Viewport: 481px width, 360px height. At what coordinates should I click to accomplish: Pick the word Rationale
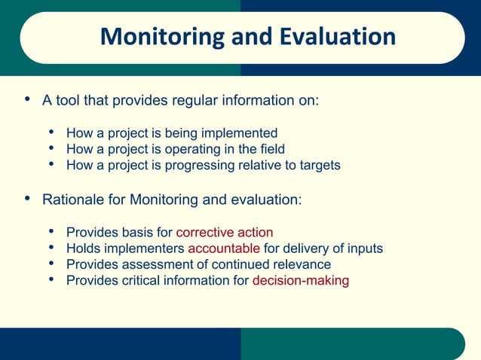[74, 200]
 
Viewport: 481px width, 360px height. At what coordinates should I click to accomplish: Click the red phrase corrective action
[224, 232]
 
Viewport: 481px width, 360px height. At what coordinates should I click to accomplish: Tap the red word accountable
[224, 249]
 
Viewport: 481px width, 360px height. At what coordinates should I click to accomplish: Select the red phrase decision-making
[300, 281]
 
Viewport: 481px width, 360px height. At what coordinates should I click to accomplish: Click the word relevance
[300, 264]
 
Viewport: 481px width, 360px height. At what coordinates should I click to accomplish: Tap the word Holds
[84, 249]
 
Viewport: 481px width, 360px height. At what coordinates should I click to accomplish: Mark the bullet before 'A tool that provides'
[27, 99]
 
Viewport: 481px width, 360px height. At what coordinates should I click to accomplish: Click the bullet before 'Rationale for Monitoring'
[27, 198]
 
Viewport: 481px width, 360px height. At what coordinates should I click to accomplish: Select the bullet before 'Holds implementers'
[51, 248]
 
